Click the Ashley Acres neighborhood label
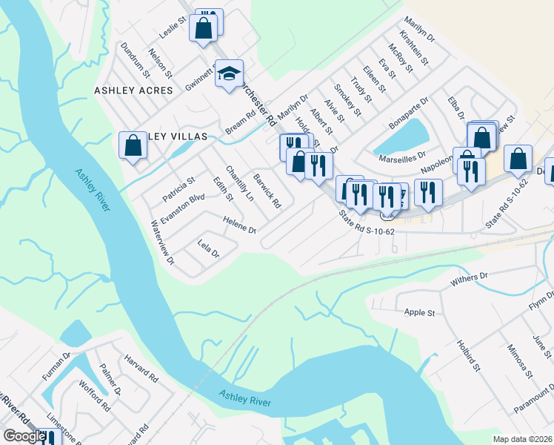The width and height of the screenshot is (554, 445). [x=133, y=90]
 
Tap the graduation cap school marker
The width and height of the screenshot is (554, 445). [x=229, y=73]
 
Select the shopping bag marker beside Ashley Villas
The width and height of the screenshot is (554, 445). [x=133, y=145]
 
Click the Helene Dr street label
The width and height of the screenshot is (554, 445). [x=239, y=224]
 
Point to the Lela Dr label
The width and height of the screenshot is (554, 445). [x=209, y=248]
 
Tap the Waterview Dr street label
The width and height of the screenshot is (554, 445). [x=161, y=243]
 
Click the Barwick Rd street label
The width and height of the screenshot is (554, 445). [x=267, y=191]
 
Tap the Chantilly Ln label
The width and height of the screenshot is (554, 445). [x=239, y=183]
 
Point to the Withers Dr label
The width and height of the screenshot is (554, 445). [x=470, y=280]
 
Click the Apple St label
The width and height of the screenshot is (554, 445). [x=419, y=313]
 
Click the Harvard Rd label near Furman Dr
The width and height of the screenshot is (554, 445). [x=144, y=365]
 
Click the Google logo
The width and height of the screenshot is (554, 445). [x=24, y=436]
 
